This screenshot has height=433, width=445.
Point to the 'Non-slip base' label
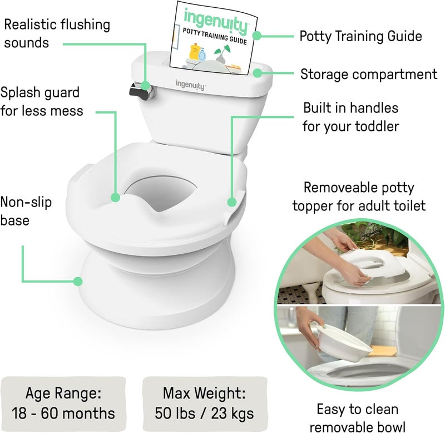pyautogui.click(x=26, y=211)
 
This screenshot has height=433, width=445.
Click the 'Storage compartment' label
pyautogui.click(x=369, y=73)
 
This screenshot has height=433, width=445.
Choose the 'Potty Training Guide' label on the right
pyautogui.click(x=360, y=36)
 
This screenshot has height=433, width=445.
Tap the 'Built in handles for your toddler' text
pyautogui.click(x=350, y=116)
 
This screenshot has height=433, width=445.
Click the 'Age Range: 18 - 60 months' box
pyautogui.click(x=62, y=403)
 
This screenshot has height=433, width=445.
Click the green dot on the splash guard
pyautogui.click(x=115, y=197)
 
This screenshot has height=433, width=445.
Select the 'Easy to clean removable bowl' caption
pyautogui.click(x=358, y=418)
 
